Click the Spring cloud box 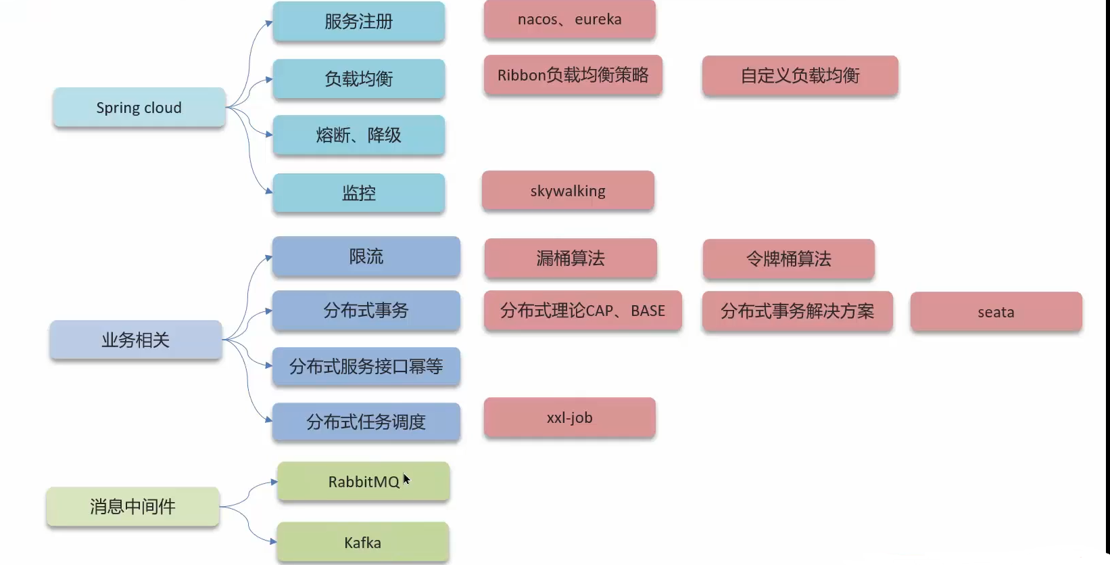[x=139, y=108]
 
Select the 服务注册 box [x=358, y=22]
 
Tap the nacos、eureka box [x=569, y=20]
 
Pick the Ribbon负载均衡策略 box [x=573, y=75]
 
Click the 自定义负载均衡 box [x=800, y=76]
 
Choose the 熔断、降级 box [x=358, y=135]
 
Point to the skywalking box [x=568, y=191]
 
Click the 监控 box [x=358, y=194]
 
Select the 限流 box [x=366, y=256]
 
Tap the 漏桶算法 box [x=570, y=258]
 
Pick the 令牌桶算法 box [x=788, y=259]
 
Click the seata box [x=996, y=312]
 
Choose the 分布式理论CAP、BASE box [x=582, y=311]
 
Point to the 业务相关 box [x=135, y=340]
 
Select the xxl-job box [x=569, y=417]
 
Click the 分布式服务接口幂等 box [x=366, y=367]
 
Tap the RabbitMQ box [x=363, y=482]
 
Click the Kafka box [x=362, y=543]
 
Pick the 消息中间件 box [x=132, y=507]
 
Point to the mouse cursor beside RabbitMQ [x=406, y=479]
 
